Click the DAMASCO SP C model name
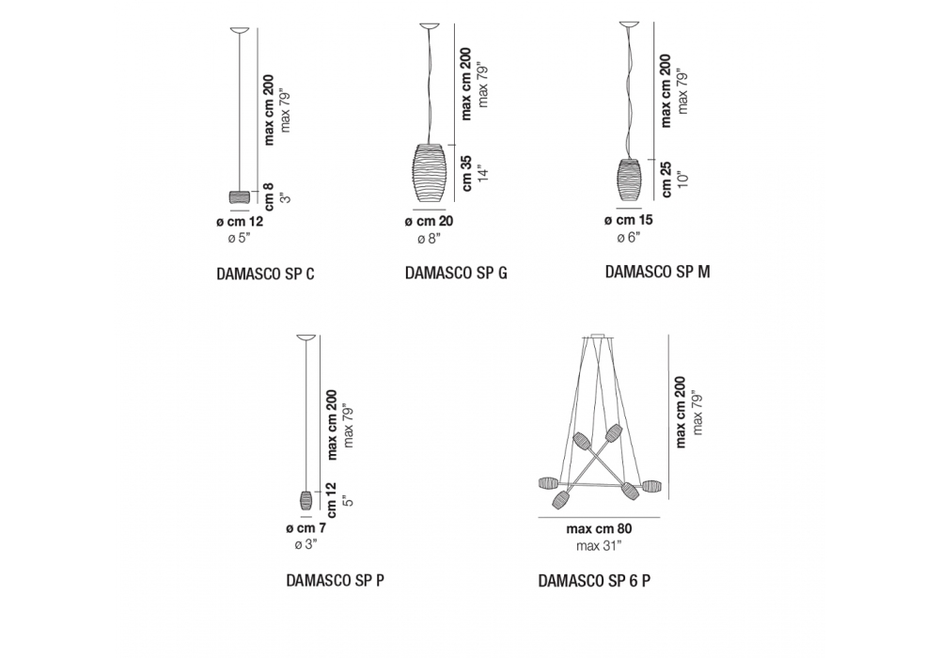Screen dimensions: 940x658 [265, 274]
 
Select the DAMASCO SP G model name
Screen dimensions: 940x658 [456, 273]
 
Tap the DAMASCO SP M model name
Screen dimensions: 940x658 [657, 272]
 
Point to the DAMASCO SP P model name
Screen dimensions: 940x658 [336, 581]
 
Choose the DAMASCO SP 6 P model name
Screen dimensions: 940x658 [594, 581]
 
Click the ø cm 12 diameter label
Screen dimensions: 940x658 [240, 222]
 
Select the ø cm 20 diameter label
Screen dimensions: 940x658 [429, 221]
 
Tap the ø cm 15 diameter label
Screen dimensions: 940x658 [628, 220]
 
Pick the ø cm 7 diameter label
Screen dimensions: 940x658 [305, 528]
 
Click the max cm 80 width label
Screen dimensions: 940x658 [599, 529]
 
